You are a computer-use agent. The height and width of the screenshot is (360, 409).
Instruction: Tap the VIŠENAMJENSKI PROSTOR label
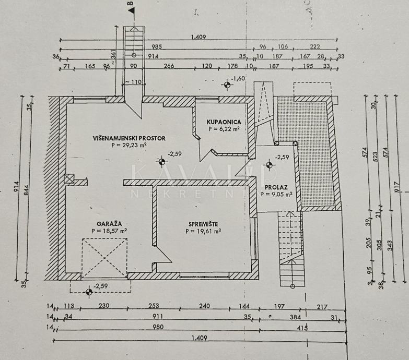pyautogui.click(x=129, y=138)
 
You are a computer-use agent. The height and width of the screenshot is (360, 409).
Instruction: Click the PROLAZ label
pyautogui.click(x=275, y=187)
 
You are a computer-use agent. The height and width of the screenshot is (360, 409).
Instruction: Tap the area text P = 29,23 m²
pyautogui.click(x=129, y=146)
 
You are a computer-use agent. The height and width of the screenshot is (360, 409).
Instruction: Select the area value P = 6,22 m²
pyautogui.click(x=224, y=128)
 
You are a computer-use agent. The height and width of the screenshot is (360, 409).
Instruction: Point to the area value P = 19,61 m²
pyautogui.click(x=204, y=231)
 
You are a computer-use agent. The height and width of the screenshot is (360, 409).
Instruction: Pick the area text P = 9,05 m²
pyautogui.click(x=276, y=194)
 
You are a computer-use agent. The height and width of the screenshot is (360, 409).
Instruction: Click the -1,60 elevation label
pyautogui.click(x=238, y=79)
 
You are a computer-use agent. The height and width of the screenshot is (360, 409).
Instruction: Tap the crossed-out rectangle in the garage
pyautogui.click(x=104, y=258)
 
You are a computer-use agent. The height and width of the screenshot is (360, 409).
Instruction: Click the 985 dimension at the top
pyautogui.click(x=157, y=47)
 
